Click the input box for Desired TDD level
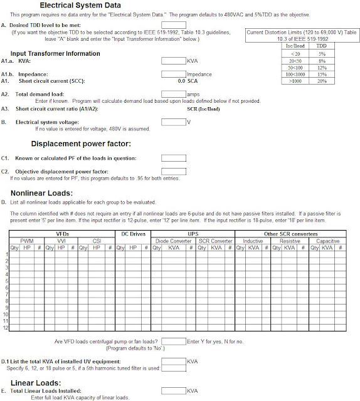[x=173, y=24]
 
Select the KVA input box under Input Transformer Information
[x=173, y=61]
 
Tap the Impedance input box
[x=173, y=74]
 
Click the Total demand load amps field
[x=173, y=93]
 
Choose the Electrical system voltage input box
[x=173, y=122]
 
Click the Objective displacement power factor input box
[x=173, y=170]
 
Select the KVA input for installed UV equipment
[x=173, y=362]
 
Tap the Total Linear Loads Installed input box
[x=173, y=390]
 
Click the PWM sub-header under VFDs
[x=27, y=240]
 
